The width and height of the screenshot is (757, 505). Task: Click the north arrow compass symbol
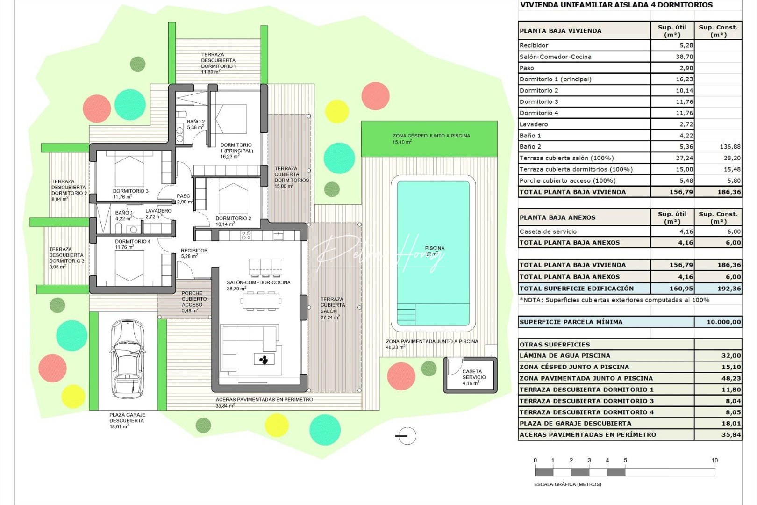(406, 436)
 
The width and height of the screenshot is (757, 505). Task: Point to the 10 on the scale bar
(714, 460)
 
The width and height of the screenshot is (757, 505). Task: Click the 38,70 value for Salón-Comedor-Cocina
(684, 57)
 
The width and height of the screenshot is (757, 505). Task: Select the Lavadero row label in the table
(534, 124)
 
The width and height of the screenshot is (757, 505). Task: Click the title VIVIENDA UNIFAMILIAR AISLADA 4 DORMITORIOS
(616, 5)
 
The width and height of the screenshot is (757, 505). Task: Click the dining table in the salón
(261, 301)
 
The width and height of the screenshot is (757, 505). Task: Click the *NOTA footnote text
(614, 300)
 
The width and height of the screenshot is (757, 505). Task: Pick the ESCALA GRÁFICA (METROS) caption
(567, 484)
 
